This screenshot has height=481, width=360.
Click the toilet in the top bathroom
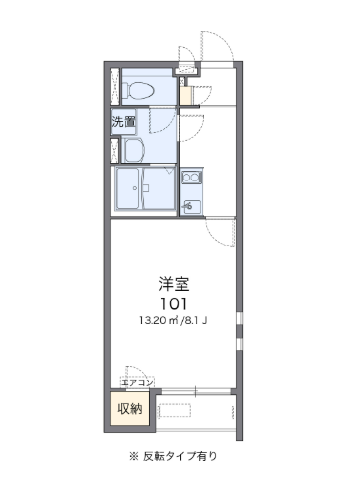tap(138, 90)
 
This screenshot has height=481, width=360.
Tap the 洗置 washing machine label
tap(123, 122)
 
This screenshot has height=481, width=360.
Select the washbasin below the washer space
tap(133, 150)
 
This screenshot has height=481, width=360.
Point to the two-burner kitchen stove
tap(191, 178)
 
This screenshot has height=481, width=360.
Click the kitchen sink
tap(191, 207)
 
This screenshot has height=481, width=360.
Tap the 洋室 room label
tap(174, 284)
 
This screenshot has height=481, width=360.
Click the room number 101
tap(174, 303)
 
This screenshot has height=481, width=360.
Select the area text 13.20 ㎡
tap(158, 320)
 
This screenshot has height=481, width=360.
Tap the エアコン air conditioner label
tap(137, 383)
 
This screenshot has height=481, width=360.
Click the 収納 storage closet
tap(130, 409)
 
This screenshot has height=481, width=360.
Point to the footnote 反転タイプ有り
tap(180, 456)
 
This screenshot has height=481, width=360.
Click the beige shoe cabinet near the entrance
tap(185, 95)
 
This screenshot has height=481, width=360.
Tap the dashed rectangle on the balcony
tap(176, 411)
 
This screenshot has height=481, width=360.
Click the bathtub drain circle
tap(135, 188)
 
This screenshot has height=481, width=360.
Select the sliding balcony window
tap(195, 391)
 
